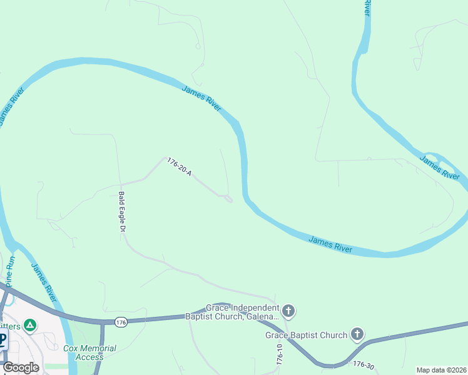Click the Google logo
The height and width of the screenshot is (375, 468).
[x=21, y=367]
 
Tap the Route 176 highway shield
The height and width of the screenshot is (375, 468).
[x=121, y=322]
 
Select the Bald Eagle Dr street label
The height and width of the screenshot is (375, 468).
[x=122, y=212]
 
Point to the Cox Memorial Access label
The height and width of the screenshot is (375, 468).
[x=89, y=352]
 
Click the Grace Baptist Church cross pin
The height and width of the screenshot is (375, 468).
[x=357, y=334]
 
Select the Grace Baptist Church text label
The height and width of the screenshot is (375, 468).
[x=306, y=335]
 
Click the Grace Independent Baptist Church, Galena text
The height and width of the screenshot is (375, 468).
[x=232, y=312]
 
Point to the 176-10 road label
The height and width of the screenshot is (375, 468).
[x=280, y=354]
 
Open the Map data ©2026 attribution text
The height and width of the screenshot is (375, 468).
[x=442, y=370]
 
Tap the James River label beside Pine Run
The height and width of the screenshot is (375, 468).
[x=43, y=282]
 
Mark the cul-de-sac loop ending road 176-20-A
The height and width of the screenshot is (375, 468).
[x=228, y=199]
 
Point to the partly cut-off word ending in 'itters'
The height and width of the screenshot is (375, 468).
[x=10, y=326]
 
